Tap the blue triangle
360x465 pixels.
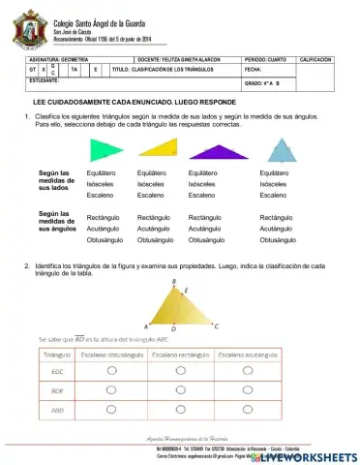(x=282, y=149)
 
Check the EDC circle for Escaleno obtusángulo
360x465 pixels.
(x=111, y=371)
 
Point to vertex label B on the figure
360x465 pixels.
(x=173, y=283)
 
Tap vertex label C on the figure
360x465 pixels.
(x=217, y=326)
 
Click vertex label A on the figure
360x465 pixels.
(x=146, y=327)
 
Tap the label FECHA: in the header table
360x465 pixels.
(x=255, y=70)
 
